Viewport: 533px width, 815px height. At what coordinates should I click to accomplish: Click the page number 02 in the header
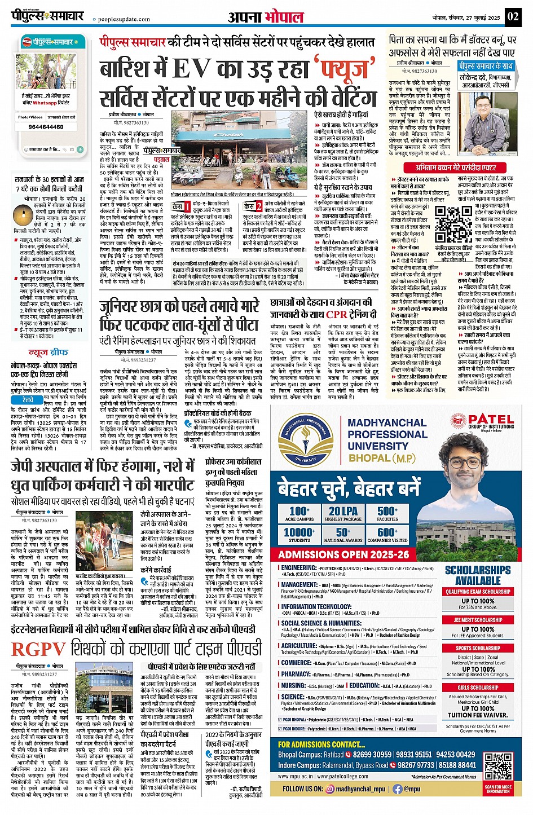click(x=512, y=16)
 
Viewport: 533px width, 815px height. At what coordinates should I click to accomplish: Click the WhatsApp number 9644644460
click(x=46, y=127)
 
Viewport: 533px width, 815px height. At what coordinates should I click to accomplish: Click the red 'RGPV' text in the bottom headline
click(x=38, y=649)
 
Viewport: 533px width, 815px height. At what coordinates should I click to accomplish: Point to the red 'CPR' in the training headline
click(x=337, y=314)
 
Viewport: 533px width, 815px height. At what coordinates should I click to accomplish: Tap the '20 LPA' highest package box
click(x=343, y=514)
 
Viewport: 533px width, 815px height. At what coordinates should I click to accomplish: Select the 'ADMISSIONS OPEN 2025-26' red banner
click(x=343, y=554)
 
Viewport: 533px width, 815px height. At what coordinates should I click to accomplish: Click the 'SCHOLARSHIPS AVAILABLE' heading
click(x=478, y=575)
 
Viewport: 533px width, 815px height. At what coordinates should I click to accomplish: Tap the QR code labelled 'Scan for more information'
click(x=498, y=768)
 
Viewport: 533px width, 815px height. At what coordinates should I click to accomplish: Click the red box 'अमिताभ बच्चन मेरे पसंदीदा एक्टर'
click(x=449, y=168)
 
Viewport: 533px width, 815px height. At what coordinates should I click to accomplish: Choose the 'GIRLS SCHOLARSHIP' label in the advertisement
click(x=478, y=688)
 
